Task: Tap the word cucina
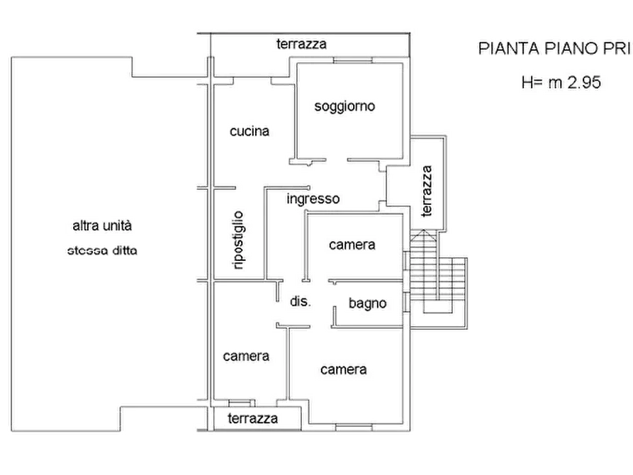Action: click(x=249, y=131)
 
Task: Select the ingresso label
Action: click(x=313, y=199)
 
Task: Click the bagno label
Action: click(x=367, y=303)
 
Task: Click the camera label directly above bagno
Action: click(x=351, y=245)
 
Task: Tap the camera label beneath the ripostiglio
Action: click(x=246, y=356)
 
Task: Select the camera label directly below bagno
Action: click(x=343, y=369)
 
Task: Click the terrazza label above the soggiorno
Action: click(x=301, y=44)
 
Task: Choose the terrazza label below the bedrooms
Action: click(x=252, y=419)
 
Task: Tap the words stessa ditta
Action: click(x=101, y=250)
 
